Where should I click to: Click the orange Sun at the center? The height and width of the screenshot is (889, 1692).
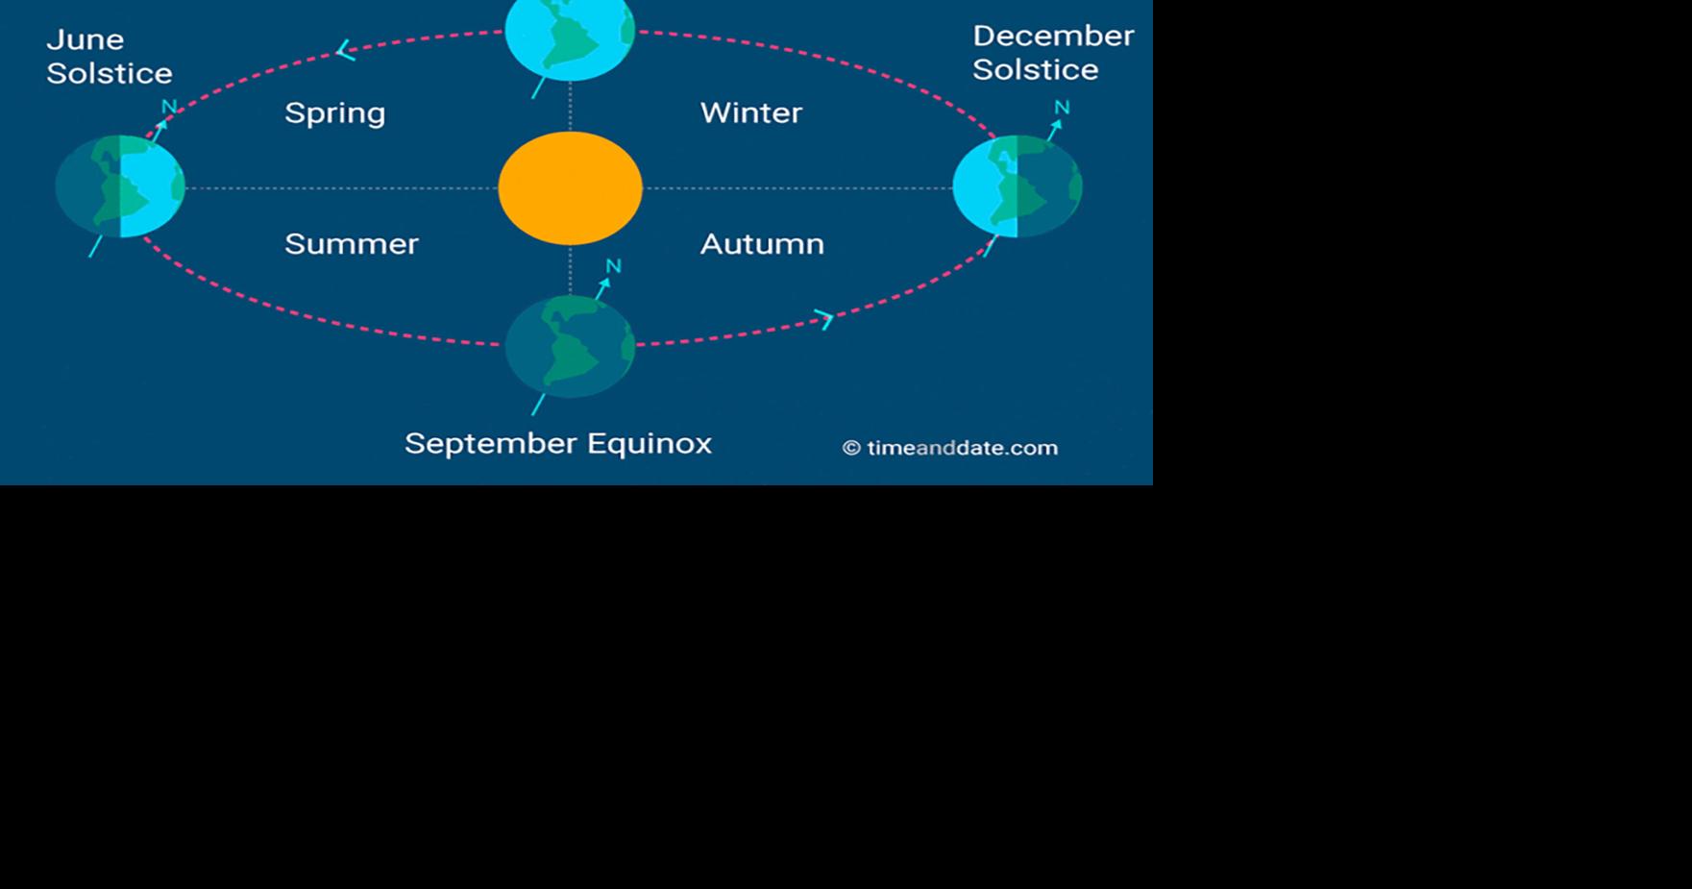coord(570,188)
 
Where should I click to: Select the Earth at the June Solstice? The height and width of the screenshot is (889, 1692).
coord(120,186)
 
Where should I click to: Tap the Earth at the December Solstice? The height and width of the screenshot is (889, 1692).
coord(1018,186)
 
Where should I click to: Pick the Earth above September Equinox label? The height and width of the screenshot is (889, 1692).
coord(570,346)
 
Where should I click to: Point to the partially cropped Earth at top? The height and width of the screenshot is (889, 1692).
coord(570,37)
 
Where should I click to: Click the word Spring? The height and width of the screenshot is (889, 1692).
coord(334,113)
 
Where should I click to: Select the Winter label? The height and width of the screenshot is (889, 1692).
coord(750,112)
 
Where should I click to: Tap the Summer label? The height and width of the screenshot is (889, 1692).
coord(351,244)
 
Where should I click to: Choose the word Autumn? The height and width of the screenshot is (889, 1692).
coord(762,244)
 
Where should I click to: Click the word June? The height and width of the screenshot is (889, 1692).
coord(85,39)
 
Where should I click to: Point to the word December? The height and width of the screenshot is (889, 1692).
coord(1053,36)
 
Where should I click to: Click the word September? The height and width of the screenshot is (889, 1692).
coord(489,443)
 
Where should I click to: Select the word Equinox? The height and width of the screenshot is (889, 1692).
coord(650,443)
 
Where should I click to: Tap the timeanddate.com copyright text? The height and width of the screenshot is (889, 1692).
coord(949,448)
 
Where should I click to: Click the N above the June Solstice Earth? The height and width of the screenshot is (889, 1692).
coord(169,107)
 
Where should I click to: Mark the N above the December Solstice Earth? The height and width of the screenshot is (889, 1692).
coord(1062,108)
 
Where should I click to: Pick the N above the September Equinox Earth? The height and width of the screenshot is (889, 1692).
coord(613,266)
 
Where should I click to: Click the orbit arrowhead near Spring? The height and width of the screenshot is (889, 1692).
coord(346,51)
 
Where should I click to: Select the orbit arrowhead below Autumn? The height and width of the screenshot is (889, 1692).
coord(824,318)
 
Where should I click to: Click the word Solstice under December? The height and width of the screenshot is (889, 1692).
coord(1035,70)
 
